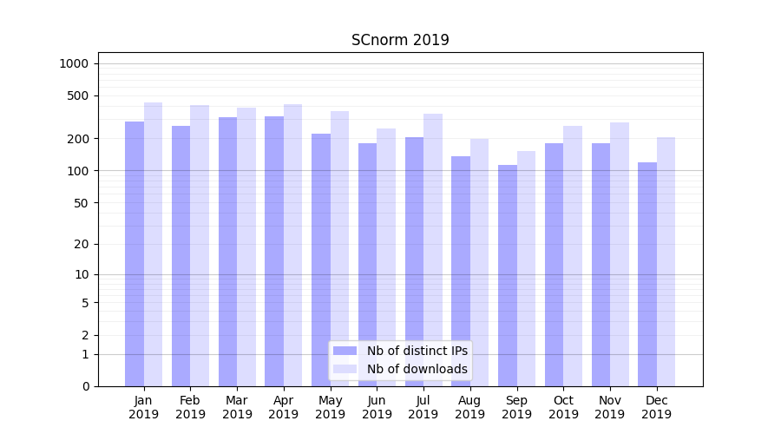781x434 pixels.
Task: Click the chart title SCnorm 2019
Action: click(x=400, y=40)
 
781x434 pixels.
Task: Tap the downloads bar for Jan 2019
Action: click(x=154, y=244)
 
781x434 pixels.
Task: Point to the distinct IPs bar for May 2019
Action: click(x=321, y=260)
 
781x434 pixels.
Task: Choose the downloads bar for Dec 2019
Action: click(x=666, y=261)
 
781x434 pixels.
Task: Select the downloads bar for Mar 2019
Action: click(x=246, y=247)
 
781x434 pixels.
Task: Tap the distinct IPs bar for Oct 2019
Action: click(x=554, y=265)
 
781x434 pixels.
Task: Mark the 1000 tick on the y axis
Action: click(x=74, y=63)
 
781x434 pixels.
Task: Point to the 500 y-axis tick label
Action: click(x=78, y=95)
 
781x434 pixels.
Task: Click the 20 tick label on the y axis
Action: click(x=82, y=244)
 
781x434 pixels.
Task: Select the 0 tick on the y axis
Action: click(x=85, y=386)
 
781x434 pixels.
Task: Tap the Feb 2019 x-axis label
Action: click(x=190, y=407)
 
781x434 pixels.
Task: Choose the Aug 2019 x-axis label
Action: click(x=469, y=407)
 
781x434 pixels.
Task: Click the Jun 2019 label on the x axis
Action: click(x=377, y=407)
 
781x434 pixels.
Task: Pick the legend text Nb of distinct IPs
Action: click(x=417, y=351)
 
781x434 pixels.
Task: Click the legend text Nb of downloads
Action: click(x=417, y=369)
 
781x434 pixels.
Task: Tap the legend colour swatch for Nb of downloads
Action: click(x=345, y=369)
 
